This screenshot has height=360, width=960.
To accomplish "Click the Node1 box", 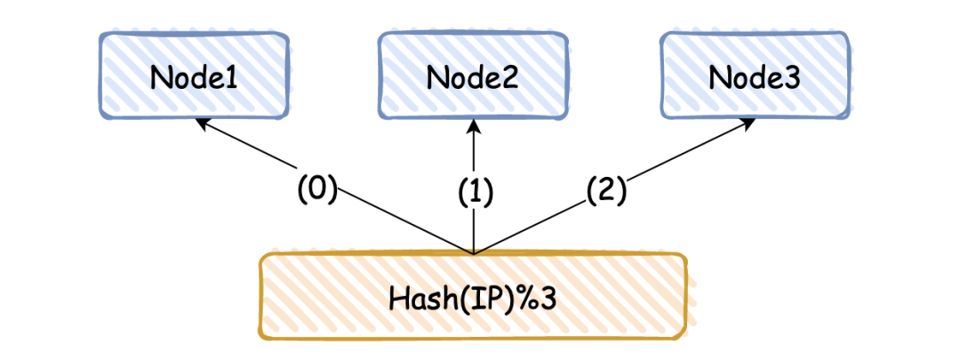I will tap(193, 77).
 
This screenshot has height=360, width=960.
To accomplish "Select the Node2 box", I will tap(473, 77).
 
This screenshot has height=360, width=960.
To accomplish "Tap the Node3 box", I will tap(754, 77).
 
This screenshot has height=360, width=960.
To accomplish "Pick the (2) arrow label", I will tap(606, 188).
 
